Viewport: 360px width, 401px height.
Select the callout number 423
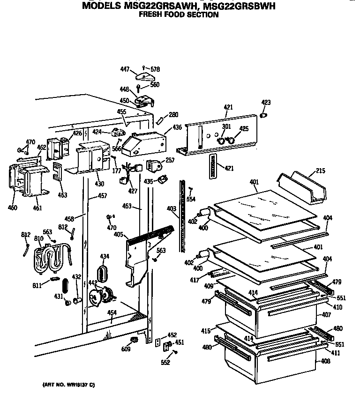(x=266, y=102)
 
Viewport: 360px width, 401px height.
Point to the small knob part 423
(x=263, y=115)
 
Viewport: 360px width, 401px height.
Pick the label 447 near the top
(x=124, y=69)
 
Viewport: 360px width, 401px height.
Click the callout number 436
(x=177, y=127)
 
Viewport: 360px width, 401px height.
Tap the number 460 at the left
(x=13, y=207)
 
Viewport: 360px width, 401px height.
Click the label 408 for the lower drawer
(x=325, y=362)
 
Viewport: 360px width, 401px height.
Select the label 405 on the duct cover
(x=119, y=234)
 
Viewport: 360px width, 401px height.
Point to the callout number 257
(x=170, y=160)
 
